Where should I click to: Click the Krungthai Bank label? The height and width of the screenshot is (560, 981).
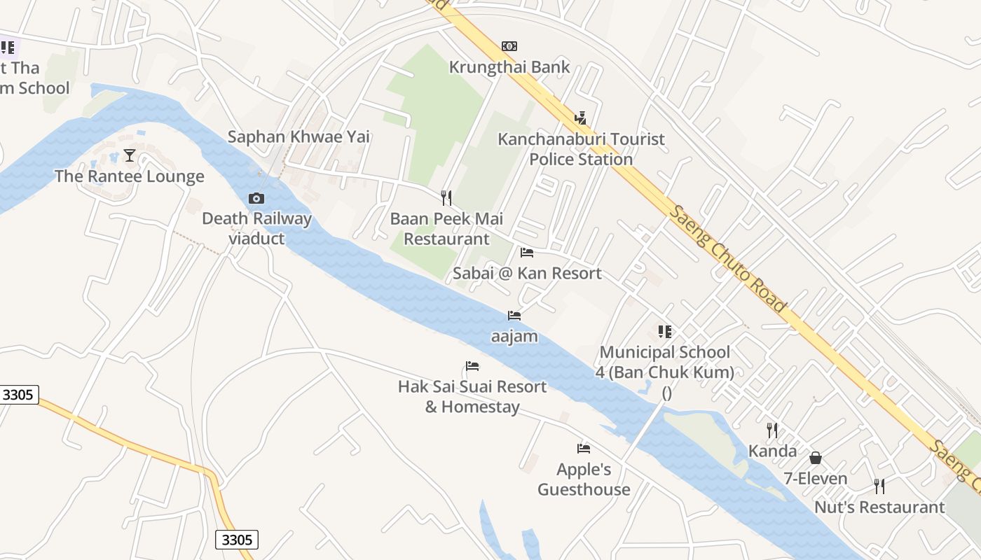point(509,67)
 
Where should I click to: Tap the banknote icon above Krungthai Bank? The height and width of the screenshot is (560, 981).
point(509,46)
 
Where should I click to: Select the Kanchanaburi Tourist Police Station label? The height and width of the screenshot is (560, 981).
point(581,149)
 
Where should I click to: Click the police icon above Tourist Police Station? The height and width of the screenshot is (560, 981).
point(580,118)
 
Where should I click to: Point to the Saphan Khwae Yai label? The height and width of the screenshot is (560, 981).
point(299,136)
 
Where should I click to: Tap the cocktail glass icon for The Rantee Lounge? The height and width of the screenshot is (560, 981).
point(130,155)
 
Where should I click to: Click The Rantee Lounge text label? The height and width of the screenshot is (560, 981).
point(130,176)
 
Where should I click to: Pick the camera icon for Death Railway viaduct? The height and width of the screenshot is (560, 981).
point(256,198)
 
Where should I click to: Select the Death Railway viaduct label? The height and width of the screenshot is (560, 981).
point(256,228)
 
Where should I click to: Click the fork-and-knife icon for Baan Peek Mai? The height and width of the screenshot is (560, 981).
point(446,198)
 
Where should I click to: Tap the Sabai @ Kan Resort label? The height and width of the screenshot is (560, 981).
point(527,273)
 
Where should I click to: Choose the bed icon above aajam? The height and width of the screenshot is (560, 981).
point(514,316)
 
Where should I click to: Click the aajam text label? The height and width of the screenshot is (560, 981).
point(514,337)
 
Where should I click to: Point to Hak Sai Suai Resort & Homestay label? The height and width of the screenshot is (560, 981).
point(472,397)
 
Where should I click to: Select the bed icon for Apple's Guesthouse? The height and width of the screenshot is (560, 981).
point(584,448)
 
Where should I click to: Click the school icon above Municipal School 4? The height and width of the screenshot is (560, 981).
point(664,331)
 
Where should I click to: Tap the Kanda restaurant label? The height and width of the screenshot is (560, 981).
point(772,451)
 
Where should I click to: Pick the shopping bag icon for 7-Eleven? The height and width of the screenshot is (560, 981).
point(816,458)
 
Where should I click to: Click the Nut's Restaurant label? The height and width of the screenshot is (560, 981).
point(879,507)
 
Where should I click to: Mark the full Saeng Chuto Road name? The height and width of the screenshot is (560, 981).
point(728,258)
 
